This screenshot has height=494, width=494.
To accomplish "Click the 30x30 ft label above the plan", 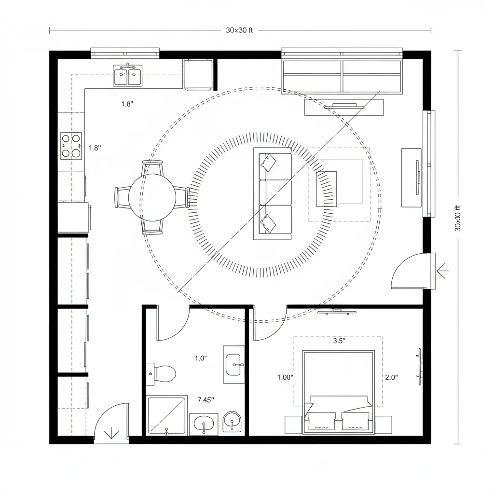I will (x=239, y=30).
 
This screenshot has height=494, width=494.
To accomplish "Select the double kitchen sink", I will (x=127, y=76).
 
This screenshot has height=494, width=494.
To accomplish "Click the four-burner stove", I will (x=71, y=146).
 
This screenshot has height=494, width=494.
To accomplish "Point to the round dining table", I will (x=152, y=197).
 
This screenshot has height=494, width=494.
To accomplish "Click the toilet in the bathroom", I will (x=163, y=373).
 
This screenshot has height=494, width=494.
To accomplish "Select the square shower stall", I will (x=167, y=415).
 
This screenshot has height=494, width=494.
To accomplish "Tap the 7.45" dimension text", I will (x=206, y=399).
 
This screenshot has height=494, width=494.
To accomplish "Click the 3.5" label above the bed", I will (x=339, y=340).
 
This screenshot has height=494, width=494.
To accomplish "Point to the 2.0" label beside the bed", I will (x=391, y=378).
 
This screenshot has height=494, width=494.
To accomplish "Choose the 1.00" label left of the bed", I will (x=286, y=378).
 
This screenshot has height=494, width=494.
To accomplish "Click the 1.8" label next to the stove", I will (x=95, y=148).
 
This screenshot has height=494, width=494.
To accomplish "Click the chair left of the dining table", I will (x=121, y=197).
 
